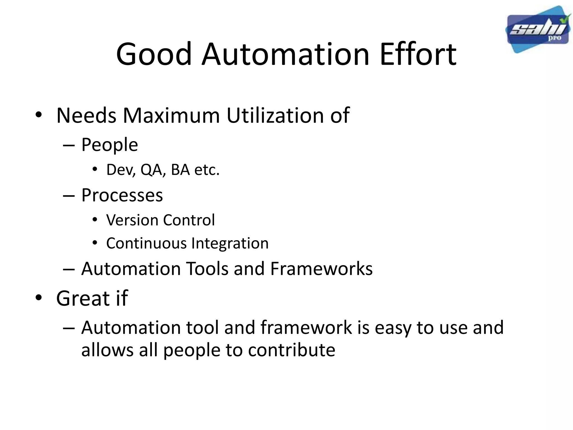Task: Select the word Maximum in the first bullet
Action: coord(171,115)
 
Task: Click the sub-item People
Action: coord(109,145)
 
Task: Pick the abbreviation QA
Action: coord(151,170)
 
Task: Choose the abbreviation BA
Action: coord(180,170)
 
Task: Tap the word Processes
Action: coord(122,195)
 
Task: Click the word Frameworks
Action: coord(321,269)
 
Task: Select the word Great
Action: coord(83,298)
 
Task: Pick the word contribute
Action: coord(292,350)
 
